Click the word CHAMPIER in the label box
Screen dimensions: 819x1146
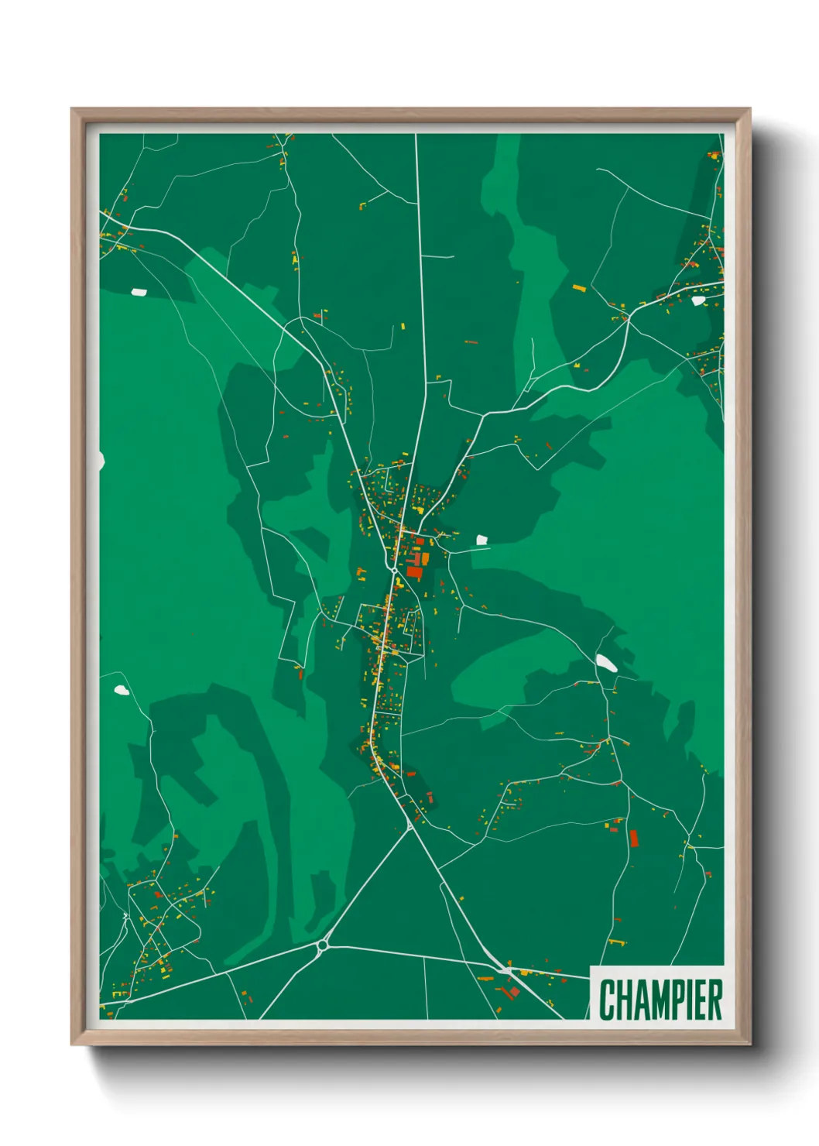pyautogui.click(x=660, y=999)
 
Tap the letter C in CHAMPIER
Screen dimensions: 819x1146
pyautogui.click(x=607, y=1000)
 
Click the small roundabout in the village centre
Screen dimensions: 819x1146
pyautogui.click(x=395, y=570)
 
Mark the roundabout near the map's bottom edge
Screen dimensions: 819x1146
pyautogui.click(x=323, y=945)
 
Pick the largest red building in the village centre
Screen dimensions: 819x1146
pyautogui.click(x=415, y=572)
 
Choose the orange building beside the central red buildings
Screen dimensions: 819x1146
pyautogui.click(x=425, y=558)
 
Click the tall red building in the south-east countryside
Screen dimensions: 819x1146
pyautogui.click(x=633, y=839)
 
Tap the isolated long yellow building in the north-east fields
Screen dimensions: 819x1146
pyautogui.click(x=579, y=288)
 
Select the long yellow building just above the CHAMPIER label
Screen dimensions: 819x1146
pyautogui.click(x=617, y=942)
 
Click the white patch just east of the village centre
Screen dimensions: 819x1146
pyautogui.click(x=481, y=540)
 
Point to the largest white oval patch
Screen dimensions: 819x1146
pyautogui.click(x=606, y=663)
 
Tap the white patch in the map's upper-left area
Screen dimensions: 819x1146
pyautogui.click(x=139, y=292)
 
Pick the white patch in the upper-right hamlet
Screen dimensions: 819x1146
pyautogui.click(x=698, y=300)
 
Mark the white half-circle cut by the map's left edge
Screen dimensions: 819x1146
pyautogui.click(x=101, y=461)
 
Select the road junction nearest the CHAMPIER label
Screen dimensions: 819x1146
pyautogui.click(x=506, y=969)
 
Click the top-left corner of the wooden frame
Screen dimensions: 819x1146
pyautogui.click(x=72, y=109)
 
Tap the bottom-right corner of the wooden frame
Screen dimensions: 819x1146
pyautogui.click(x=749, y=1044)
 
